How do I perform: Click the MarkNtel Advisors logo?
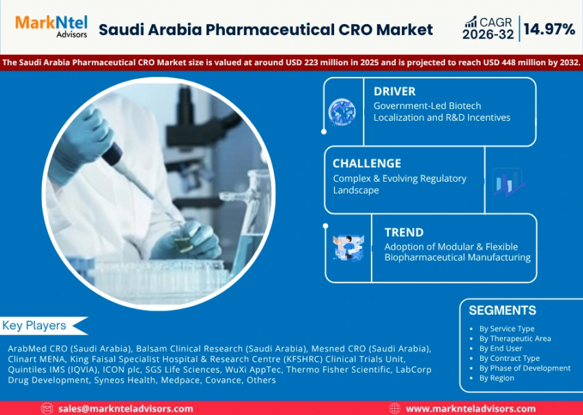tap(51, 26)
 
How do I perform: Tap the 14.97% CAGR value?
tap(549, 29)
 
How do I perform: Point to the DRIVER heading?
tap(394, 91)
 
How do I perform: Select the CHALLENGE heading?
tap(367, 163)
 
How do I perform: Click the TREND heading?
tap(404, 233)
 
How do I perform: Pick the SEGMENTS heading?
tap(502, 311)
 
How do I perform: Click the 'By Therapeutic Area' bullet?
tap(515, 338)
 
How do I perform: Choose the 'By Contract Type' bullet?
tap(510, 358)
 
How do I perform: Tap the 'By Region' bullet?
tap(497, 378)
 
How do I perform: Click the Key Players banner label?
tap(34, 325)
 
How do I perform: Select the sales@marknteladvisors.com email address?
tap(126, 409)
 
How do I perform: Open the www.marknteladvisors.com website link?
tap(471, 409)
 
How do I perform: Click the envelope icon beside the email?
tap(47, 409)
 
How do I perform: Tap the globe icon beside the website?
tap(395, 409)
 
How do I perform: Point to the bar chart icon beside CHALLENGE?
tap(508, 182)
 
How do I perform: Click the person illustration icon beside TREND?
tap(348, 248)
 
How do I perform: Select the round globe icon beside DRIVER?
tap(342, 112)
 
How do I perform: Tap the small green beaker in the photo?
tap(183, 244)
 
